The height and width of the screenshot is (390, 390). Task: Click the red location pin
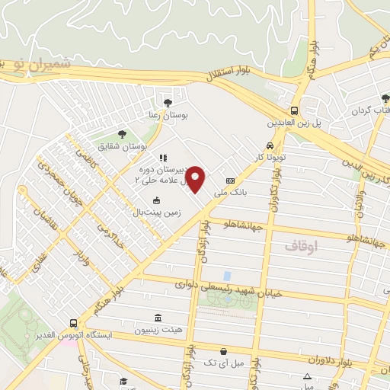click(196, 178)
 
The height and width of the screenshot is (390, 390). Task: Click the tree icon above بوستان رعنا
click(168, 101)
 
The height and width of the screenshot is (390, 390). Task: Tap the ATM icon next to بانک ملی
click(231, 181)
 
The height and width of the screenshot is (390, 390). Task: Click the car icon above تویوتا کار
click(270, 147)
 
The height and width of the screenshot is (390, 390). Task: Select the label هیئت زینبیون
click(158, 331)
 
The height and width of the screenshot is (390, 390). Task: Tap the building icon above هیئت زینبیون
click(157, 318)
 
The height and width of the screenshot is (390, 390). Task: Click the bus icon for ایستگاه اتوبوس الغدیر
click(73, 323)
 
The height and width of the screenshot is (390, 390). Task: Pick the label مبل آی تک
click(222, 364)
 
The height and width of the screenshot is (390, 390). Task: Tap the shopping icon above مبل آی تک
click(222, 351)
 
